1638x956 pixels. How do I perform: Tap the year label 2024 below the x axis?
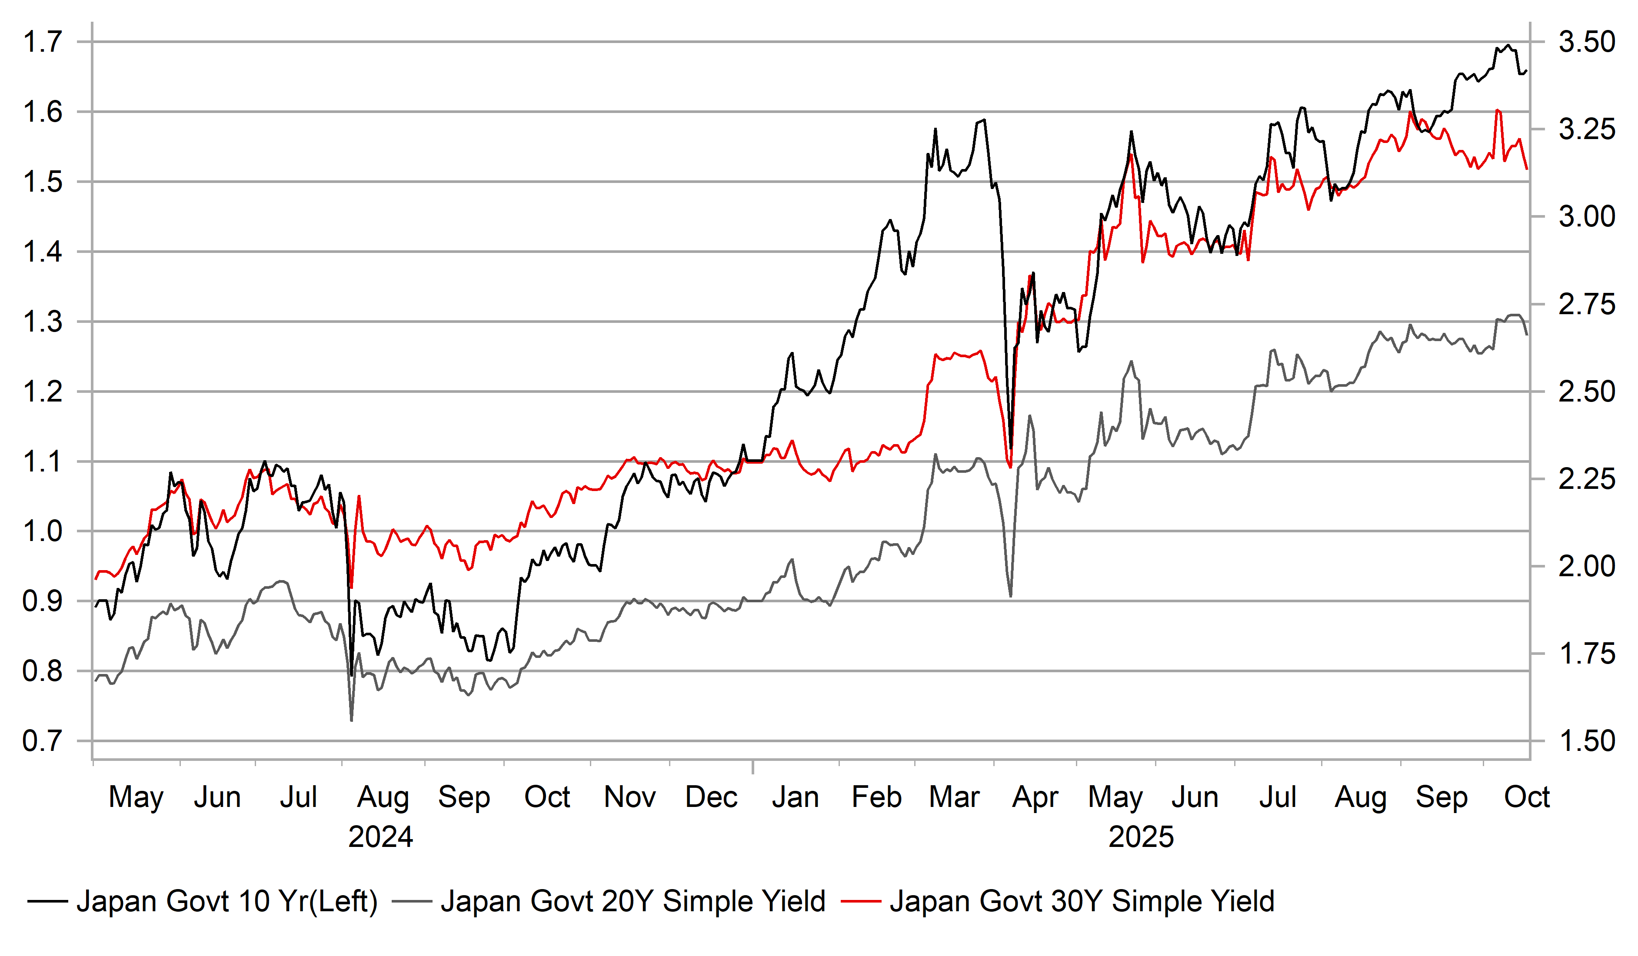click(380, 837)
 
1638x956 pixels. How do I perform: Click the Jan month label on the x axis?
click(795, 797)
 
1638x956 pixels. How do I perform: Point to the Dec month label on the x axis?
click(711, 797)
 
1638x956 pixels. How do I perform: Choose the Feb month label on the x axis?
click(876, 797)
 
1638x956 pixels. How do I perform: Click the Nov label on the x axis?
click(629, 797)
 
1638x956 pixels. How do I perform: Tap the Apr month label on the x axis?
click(1035, 797)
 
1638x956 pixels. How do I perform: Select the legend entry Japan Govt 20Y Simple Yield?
click(633, 901)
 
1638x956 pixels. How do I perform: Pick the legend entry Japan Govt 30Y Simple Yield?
click(1082, 901)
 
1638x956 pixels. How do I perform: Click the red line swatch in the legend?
click(861, 901)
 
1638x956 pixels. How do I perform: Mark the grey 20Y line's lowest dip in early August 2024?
click(352, 720)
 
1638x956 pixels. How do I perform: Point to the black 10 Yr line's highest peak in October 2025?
click(1507, 46)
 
